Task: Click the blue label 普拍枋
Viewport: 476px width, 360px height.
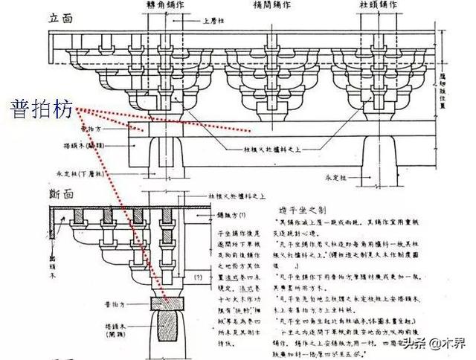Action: coord(42,111)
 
